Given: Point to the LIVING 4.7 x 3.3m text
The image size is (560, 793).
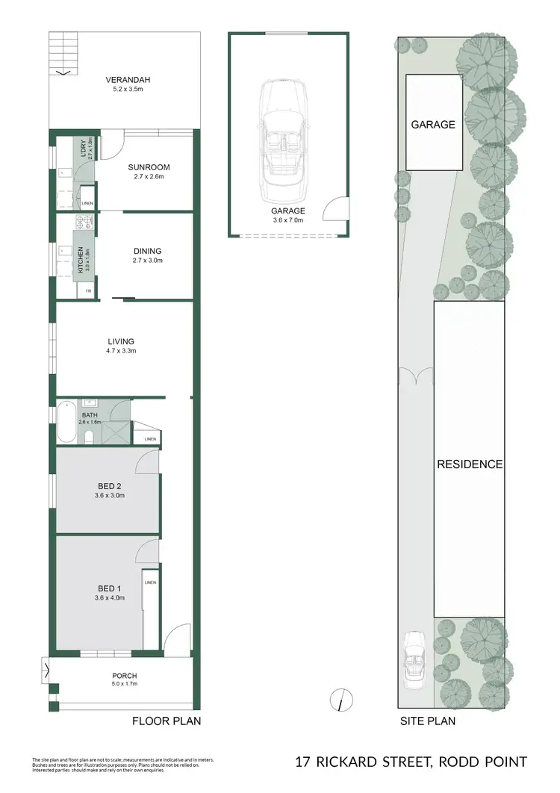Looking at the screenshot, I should point(120,346).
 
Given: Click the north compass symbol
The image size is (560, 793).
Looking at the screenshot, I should point(340,700).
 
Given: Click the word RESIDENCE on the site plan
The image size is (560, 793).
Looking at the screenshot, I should point(469,464).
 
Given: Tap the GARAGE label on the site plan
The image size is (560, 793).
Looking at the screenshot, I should point(432,125).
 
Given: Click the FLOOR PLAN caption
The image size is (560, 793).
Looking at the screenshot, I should point(167,721).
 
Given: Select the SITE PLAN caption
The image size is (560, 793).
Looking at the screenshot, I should point(429,721).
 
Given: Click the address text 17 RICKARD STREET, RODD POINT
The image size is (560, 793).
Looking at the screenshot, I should point(411,762).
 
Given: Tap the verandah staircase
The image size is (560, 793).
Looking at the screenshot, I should point(58,54).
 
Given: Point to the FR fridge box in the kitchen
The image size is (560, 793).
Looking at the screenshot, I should point(88,290).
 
